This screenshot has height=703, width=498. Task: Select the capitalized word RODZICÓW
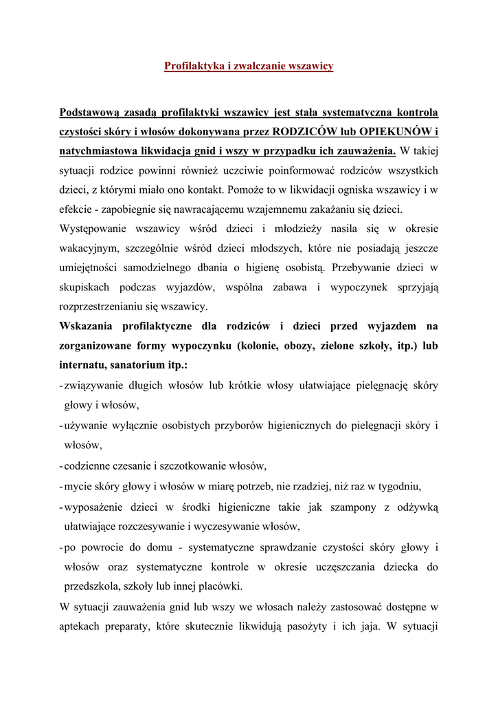(308, 131)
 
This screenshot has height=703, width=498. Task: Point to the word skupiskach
(88, 287)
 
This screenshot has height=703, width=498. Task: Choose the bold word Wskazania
(88, 325)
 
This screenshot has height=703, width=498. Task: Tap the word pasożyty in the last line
(327, 627)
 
